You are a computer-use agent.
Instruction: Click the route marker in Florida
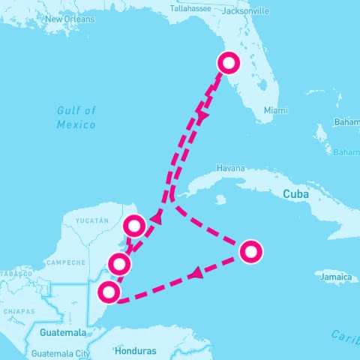click(x=228, y=63)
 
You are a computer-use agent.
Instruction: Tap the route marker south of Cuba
click(x=250, y=251)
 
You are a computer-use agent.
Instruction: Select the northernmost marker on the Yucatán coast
click(x=134, y=225)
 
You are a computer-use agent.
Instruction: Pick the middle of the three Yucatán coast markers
click(x=119, y=264)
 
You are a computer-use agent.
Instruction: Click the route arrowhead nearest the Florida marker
click(x=201, y=116)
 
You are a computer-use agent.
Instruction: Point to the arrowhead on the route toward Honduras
click(x=196, y=274)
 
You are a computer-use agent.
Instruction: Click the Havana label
click(x=230, y=168)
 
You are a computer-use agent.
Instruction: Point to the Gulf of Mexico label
click(x=76, y=117)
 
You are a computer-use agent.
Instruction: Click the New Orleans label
click(x=69, y=19)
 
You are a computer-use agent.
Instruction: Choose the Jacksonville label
click(x=247, y=12)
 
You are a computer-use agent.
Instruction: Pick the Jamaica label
click(x=334, y=277)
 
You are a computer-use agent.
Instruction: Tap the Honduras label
click(x=136, y=350)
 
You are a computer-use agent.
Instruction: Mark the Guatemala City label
click(x=61, y=352)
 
